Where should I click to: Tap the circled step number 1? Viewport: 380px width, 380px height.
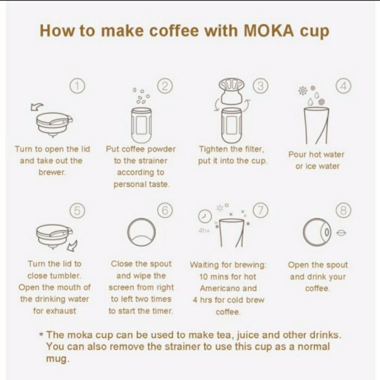pos(78,86)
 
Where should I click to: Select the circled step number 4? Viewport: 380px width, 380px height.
pos(343,86)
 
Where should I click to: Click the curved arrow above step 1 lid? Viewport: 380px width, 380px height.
pos(37,106)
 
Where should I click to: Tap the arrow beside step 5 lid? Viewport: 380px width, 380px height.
pos(72,246)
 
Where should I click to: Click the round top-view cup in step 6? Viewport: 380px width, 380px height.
pos(141,232)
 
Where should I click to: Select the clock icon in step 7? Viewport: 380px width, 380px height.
pos(204,216)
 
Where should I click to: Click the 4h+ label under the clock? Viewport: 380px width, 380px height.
pos(204,230)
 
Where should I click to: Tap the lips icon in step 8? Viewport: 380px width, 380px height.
pos(341,233)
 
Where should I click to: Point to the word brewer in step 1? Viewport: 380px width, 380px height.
pos(52,172)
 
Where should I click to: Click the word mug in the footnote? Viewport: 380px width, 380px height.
pos(57,359)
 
